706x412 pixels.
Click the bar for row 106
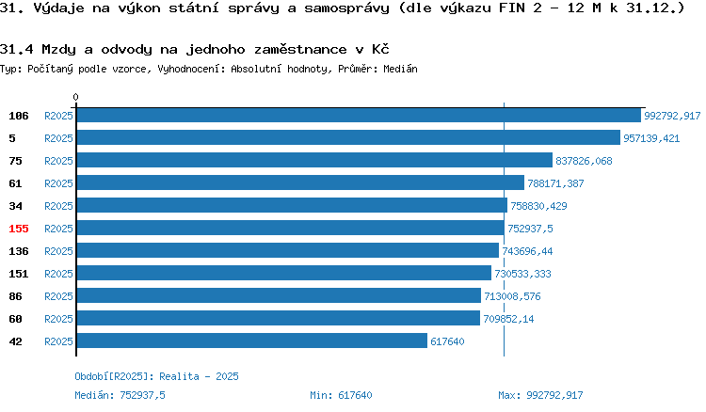(x=359, y=115)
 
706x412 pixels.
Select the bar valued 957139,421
(x=348, y=137)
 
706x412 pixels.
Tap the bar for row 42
(x=252, y=341)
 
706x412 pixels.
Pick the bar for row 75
(x=314, y=160)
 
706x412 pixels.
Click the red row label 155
(x=19, y=229)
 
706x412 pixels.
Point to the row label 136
(x=19, y=251)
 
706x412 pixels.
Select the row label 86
(x=15, y=296)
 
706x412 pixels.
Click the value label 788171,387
(x=555, y=183)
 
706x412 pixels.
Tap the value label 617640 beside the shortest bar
(x=447, y=341)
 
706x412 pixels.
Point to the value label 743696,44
(x=527, y=251)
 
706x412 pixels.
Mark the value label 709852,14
(x=508, y=319)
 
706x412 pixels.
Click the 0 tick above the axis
(x=75, y=97)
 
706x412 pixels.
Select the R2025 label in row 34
(x=58, y=206)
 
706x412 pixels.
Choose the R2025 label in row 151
(x=58, y=274)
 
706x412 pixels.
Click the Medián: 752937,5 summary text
(x=120, y=395)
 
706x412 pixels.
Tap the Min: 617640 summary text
(x=341, y=395)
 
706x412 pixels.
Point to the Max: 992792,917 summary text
(x=540, y=395)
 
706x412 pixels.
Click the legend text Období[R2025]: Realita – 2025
(x=156, y=376)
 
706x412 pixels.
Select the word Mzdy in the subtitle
(x=58, y=49)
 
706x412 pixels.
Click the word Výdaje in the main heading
(x=59, y=8)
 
